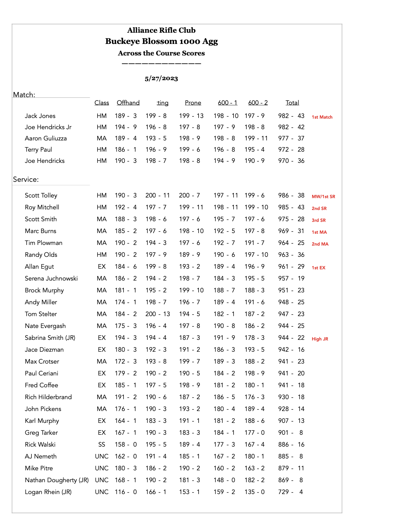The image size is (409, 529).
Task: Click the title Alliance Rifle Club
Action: tap(161, 30)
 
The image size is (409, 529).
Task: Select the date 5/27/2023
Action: tap(161, 79)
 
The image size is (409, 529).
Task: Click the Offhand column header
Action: tap(128, 103)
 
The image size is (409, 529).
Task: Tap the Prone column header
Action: tap(193, 103)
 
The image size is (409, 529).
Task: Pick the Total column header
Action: tap(292, 103)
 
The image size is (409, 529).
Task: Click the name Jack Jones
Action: tap(40, 116)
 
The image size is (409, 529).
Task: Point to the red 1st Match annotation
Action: tap(322, 117)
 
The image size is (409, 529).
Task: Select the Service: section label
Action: tap(26, 180)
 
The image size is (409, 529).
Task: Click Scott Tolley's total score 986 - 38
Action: tap(291, 196)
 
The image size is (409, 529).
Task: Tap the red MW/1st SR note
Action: tap(323, 197)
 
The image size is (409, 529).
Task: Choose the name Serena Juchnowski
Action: tap(51, 279)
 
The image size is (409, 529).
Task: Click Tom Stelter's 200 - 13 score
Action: tap(158, 314)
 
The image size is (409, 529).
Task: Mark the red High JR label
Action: tap(320, 339)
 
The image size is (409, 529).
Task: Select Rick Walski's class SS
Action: tap(102, 445)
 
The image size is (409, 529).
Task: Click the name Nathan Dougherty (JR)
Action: tap(57, 480)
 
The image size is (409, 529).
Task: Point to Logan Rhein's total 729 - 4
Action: tap(291, 492)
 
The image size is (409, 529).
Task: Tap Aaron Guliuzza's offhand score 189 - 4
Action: tap(126, 139)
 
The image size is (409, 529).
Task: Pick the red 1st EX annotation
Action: tap(319, 268)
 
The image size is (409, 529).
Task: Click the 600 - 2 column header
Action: tap(258, 103)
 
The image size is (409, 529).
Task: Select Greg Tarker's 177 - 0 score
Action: tap(254, 433)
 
